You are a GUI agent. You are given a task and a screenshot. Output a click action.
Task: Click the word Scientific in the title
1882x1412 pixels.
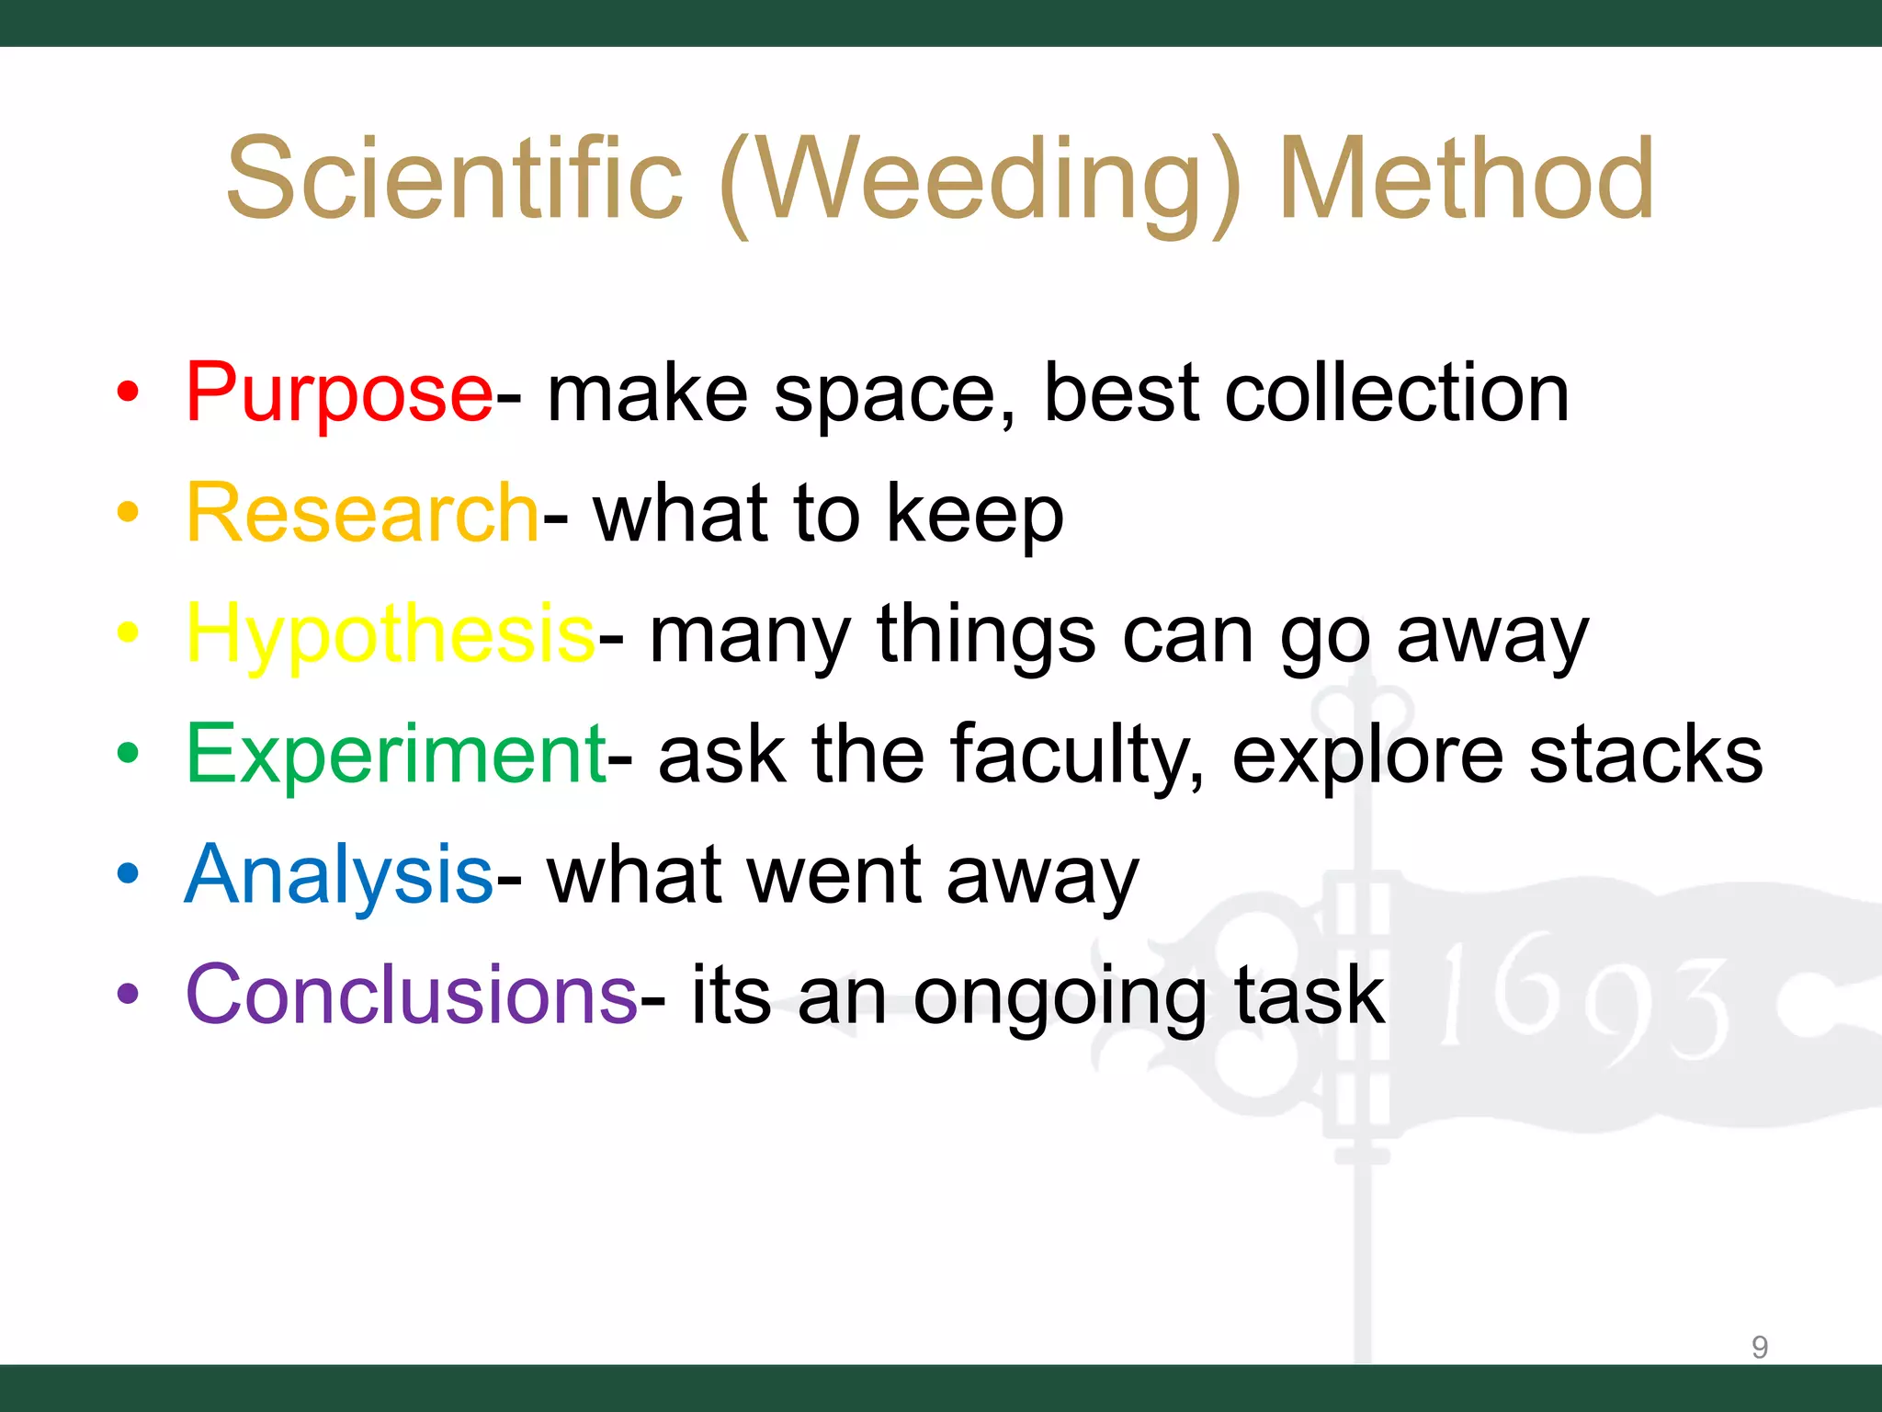pyautogui.click(x=455, y=178)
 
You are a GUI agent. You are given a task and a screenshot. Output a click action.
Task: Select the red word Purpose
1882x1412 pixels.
pyautogui.click(x=339, y=393)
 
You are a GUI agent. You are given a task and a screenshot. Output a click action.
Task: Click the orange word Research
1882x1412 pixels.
pyautogui.click(x=361, y=513)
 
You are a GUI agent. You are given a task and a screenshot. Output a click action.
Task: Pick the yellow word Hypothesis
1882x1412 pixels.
pyautogui.click(x=391, y=634)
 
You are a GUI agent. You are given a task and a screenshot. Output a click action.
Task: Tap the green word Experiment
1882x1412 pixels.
pyautogui.click(x=395, y=754)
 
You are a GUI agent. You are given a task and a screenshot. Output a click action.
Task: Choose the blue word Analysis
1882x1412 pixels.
pyautogui.click(x=339, y=874)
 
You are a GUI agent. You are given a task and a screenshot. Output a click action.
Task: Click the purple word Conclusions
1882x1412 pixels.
pyautogui.click(x=411, y=995)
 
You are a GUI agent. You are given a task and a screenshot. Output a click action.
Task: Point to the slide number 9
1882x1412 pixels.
pyautogui.click(x=1759, y=1347)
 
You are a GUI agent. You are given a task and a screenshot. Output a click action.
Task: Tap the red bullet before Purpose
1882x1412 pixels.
pyautogui.click(x=128, y=393)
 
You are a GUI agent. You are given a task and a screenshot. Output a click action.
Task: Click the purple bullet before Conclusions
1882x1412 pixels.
pyautogui.click(x=128, y=995)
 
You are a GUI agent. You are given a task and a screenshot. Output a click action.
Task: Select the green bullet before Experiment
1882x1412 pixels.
pyautogui.click(x=128, y=754)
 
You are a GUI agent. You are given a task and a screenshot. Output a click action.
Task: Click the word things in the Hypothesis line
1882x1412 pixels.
pyautogui.click(x=986, y=634)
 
